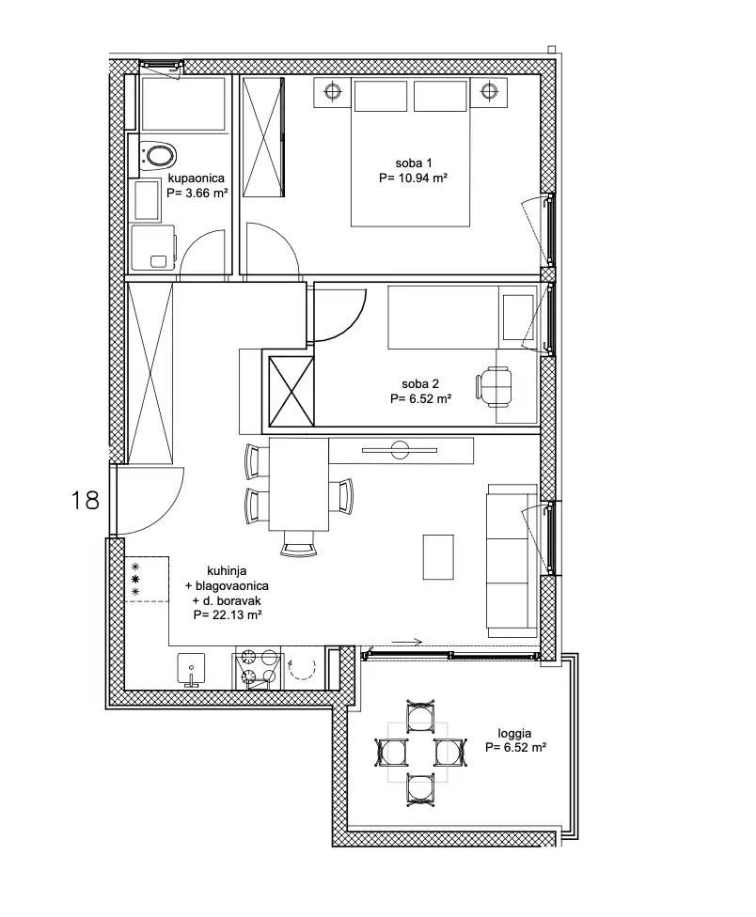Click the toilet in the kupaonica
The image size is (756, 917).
coord(158,156)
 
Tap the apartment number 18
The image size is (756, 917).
coord(85,501)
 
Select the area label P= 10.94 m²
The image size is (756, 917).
coord(413,178)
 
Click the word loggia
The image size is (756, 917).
coord(515,734)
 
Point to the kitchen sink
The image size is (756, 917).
coord(191,669)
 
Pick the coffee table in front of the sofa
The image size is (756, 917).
coord(438,557)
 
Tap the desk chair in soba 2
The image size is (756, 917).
coord(495,386)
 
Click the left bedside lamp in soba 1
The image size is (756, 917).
coord(333,91)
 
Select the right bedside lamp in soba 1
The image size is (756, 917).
coord(488,91)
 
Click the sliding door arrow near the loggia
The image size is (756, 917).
coord(406,643)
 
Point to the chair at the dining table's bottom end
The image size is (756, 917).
coord(298,543)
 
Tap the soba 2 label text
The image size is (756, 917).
coord(420,384)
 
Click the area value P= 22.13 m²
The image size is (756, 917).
coord(227,615)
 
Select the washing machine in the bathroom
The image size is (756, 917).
coord(153,248)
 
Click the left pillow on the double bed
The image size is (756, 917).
coord(380,96)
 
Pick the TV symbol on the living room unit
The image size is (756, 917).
coord(400,450)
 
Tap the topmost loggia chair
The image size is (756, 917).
coord(420,716)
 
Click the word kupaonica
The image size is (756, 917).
coord(196,179)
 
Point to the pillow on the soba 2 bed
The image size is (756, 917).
coord(518,318)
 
